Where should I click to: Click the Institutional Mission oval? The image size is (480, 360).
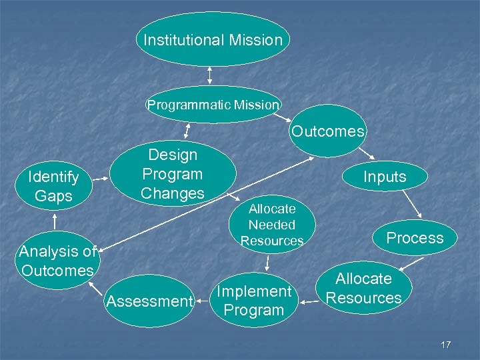coord(213,39)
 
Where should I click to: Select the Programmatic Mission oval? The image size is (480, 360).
coord(213,105)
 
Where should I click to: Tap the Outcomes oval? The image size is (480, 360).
coord(328,131)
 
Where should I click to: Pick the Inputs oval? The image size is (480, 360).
coord(384,177)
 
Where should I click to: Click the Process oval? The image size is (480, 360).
coord(415,238)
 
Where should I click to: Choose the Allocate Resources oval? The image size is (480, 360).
coord(364,288)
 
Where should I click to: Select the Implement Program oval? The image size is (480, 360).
coord(253,301)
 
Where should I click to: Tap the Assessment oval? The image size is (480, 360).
coord(149,301)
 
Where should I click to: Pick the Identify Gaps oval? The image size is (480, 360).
coord(53,186)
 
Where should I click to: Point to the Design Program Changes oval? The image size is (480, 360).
coord(173,174)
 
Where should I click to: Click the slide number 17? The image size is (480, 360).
coord(446,345)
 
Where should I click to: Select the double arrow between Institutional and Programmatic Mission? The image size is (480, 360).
coord(210,75)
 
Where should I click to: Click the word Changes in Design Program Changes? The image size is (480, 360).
coord(173,194)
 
